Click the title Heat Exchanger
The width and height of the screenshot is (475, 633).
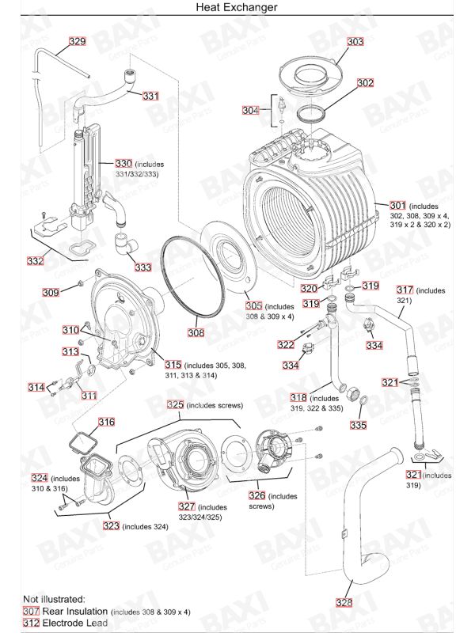237,7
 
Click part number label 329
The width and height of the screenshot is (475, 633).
77,41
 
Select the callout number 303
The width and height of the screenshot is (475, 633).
355,41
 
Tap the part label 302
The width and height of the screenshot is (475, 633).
365,82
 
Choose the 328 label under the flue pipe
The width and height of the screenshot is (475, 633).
344,602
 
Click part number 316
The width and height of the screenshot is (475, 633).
106,422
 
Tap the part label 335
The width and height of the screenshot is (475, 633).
359,425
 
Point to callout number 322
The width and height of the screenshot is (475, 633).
286,345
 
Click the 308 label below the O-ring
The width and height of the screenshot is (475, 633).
196,333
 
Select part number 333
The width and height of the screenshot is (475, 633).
142,267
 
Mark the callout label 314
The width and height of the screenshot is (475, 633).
36,387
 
